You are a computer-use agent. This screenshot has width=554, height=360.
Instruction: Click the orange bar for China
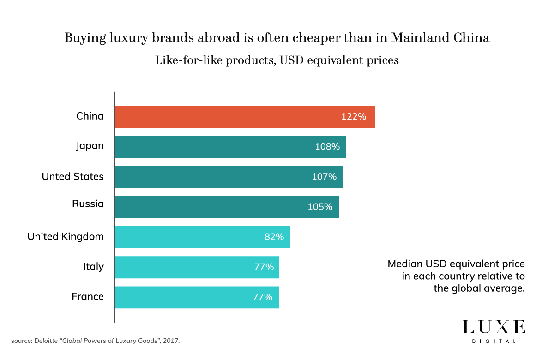point(245,117)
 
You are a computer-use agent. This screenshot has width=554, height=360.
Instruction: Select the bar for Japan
point(230,147)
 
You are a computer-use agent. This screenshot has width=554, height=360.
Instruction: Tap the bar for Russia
point(227,207)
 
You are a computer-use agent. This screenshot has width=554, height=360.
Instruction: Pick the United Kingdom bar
point(202,237)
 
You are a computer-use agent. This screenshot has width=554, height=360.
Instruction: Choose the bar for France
point(197,297)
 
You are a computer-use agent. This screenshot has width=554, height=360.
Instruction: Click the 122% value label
point(354,117)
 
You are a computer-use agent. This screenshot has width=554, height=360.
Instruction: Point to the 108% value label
point(327,147)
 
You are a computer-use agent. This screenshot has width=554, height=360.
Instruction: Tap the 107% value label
point(324,177)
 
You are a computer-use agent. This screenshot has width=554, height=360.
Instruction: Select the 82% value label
point(274,237)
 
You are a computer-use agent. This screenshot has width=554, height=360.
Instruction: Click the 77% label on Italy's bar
point(264,267)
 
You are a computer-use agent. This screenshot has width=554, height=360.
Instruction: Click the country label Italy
point(93,267)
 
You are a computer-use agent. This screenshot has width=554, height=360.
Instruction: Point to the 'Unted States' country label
point(72,177)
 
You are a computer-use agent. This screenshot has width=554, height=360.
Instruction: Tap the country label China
point(90,116)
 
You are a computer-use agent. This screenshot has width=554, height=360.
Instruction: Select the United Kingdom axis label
point(66,237)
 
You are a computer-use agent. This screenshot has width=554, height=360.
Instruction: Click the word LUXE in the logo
point(494,327)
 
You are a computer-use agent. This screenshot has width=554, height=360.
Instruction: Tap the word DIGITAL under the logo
point(494,341)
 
